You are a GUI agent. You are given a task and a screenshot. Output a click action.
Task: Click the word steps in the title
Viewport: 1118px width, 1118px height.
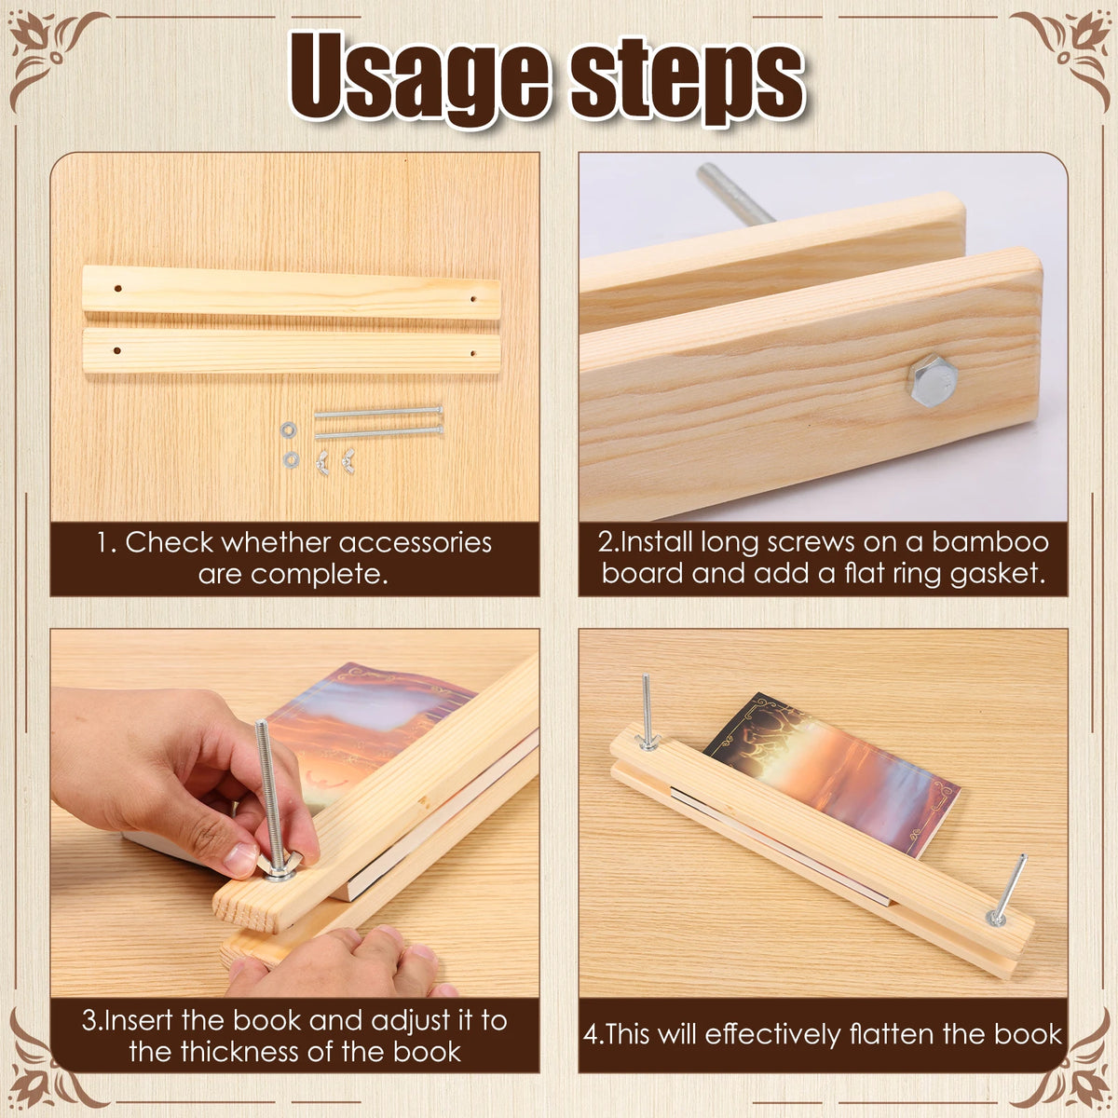tap(687, 80)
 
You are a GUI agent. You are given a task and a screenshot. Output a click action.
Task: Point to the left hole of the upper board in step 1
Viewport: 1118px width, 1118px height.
tap(117, 288)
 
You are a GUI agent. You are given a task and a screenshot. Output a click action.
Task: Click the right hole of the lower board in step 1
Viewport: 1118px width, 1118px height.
tap(472, 353)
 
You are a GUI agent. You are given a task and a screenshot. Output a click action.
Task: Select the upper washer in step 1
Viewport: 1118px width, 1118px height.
tap(288, 429)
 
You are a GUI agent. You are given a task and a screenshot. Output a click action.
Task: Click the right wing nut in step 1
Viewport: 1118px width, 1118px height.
tap(348, 460)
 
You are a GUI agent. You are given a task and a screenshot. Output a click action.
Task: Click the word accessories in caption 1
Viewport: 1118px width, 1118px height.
tap(415, 543)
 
